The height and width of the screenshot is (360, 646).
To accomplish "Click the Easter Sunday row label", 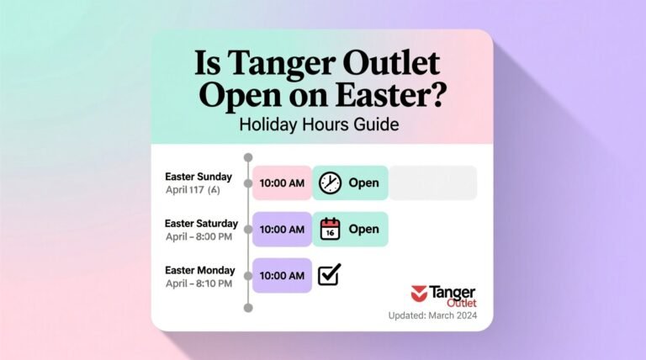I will [x=204, y=177].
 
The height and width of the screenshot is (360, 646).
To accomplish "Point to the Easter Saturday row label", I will [x=202, y=223].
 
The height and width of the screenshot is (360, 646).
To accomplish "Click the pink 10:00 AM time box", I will [x=282, y=183].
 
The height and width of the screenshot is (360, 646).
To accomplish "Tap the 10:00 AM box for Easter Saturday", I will [x=282, y=229].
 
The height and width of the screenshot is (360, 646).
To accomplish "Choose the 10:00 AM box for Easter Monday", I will [x=282, y=275].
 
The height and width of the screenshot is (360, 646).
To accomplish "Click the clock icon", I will [x=331, y=183].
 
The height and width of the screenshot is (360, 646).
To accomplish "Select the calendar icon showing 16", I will [x=331, y=229].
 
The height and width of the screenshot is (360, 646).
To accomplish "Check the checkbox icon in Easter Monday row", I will [x=329, y=274].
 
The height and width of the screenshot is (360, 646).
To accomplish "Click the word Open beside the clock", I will [x=363, y=183].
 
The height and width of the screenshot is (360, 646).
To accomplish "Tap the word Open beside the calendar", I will [x=363, y=229].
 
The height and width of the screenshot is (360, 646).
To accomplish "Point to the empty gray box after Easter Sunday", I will [x=432, y=183].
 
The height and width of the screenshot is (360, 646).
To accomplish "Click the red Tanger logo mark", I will [x=419, y=293].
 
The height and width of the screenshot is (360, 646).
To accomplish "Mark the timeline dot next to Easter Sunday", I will [x=247, y=183].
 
